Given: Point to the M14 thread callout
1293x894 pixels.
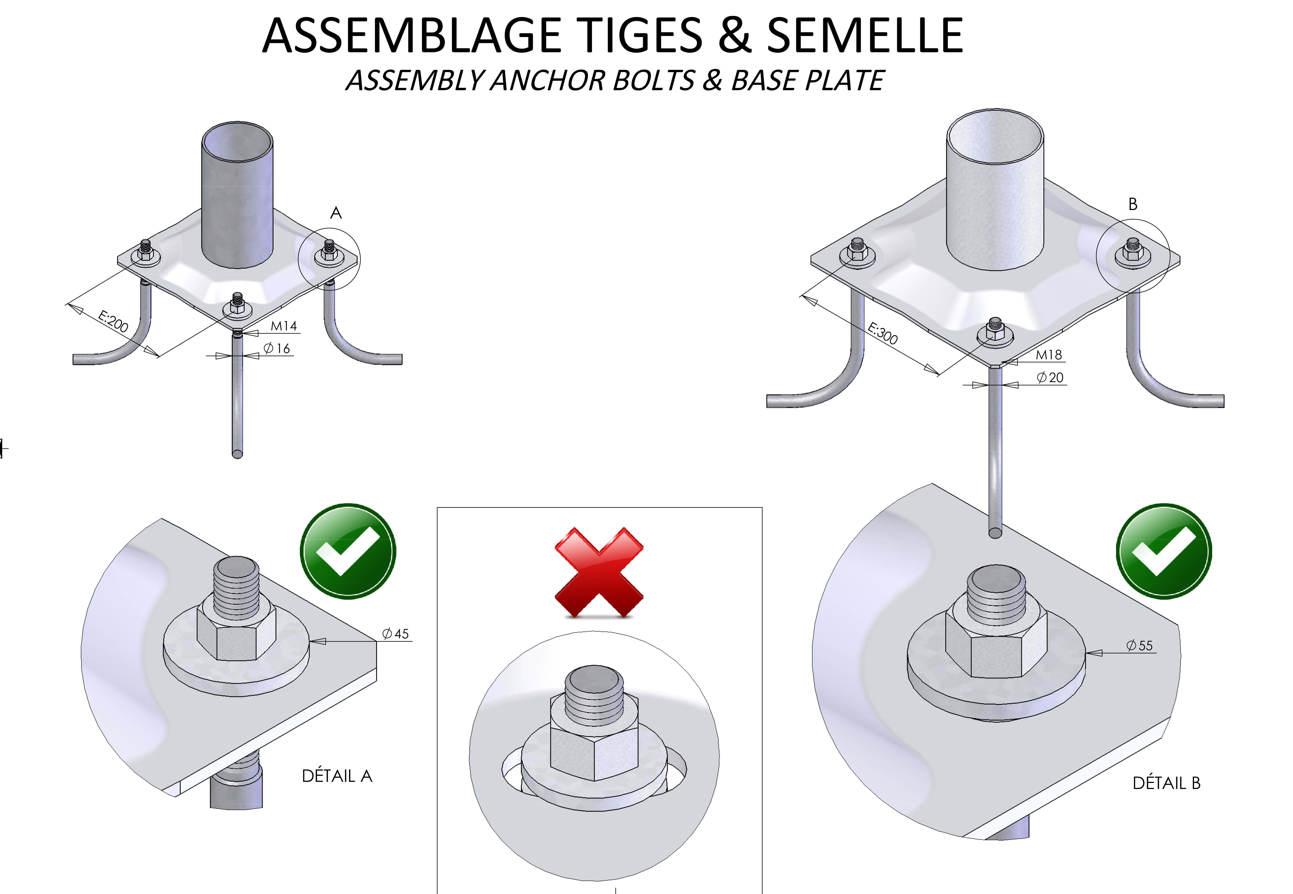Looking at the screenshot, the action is [x=283, y=326].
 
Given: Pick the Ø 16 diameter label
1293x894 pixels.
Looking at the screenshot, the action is [x=277, y=348].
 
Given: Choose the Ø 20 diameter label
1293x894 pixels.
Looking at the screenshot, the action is [x=1050, y=377].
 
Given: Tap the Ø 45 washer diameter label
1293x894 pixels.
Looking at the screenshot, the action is [x=396, y=634].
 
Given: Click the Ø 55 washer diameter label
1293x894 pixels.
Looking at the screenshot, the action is [x=1140, y=645].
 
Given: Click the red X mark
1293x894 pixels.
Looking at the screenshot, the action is [x=599, y=572].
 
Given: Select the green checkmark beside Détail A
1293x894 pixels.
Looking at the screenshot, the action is [x=348, y=551].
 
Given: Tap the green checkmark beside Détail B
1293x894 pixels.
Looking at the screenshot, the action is [x=1164, y=551].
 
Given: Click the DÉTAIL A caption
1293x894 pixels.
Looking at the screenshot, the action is [x=337, y=776].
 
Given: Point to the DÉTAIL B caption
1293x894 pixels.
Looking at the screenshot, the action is [x=1166, y=783].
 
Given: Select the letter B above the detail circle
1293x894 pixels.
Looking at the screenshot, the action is [x=1133, y=205].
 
